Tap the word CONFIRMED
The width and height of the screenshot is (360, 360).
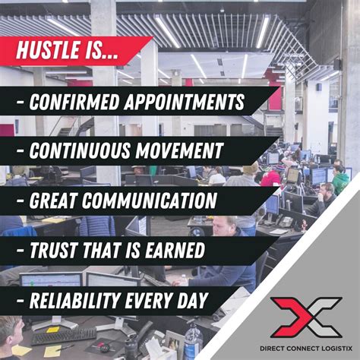[x=76, y=102]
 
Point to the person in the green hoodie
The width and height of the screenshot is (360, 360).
[x=341, y=181]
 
